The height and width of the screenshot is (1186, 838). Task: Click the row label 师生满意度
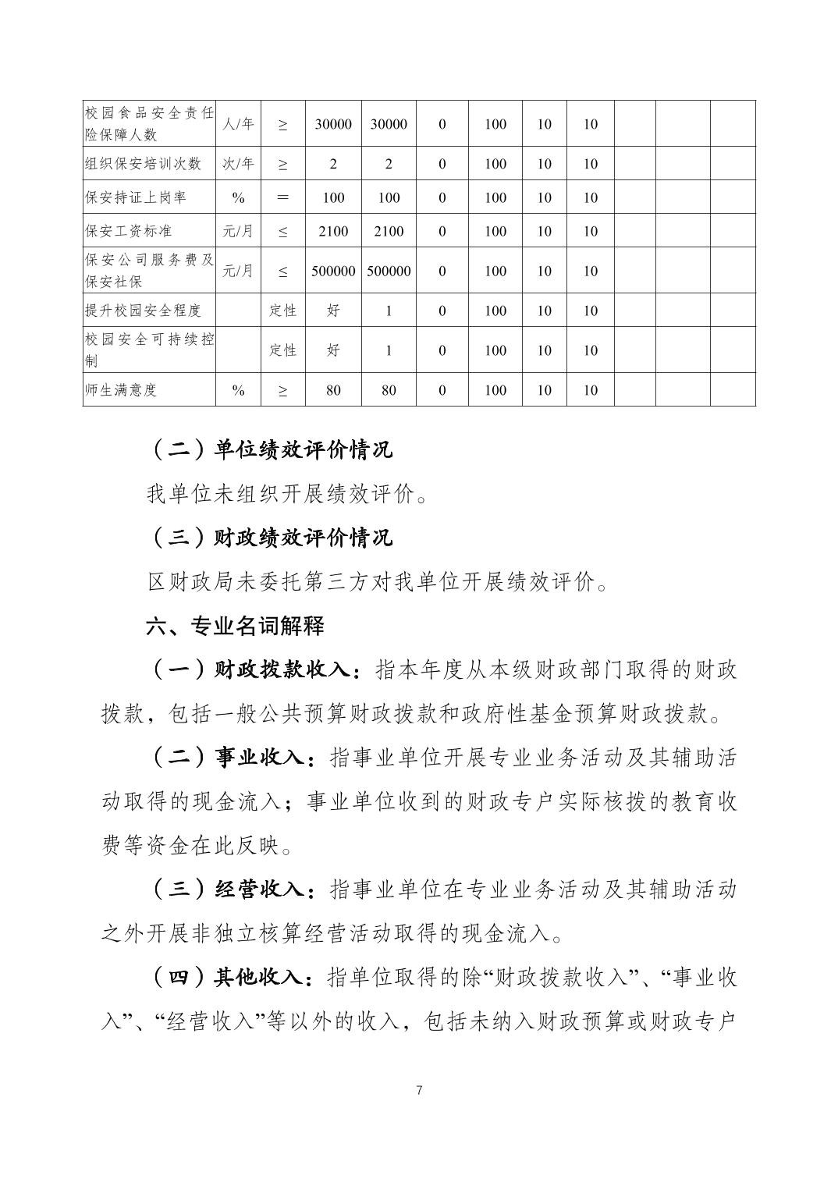pyautogui.click(x=121, y=390)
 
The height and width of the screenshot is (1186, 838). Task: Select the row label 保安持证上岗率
pyautogui.click(x=136, y=197)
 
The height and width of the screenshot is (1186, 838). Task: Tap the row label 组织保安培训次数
pyautogui.click(x=144, y=164)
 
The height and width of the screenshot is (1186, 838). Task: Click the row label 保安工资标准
pyautogui.click(x=129, y=231)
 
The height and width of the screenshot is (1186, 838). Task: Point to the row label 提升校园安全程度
pyautogui.click(x=144, y=311)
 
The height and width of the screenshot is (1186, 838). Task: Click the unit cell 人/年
pyautogui.click(x=238, y=124)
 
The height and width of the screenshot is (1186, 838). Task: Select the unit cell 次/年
pyautogui.click(x=238, y=164)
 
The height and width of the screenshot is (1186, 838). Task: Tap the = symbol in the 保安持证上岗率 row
pyautogui.click(x=282, y=197)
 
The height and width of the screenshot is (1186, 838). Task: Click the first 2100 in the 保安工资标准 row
pyautogui.click(x=333, y=231)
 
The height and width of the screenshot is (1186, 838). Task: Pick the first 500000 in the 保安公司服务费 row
pyautogui.click(x=333, y=271)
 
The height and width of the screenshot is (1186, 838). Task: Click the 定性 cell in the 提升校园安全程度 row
pyautogui.click(x=282, y=311)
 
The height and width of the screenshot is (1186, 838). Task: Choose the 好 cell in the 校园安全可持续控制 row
pyautogui.click(x=333, y=350)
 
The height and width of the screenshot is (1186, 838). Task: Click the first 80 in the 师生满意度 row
pyautogui.click(x=333, y=390)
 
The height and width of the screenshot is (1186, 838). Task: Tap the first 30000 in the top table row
pyautogui.click(x=333, y=124)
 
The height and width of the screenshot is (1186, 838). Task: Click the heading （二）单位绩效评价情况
pyautogui.click(x=270, y=450)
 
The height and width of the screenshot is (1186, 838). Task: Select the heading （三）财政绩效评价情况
pyautogui.click(x=270, y=538)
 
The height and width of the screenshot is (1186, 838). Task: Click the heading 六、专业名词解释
pyautogui.click(x=235, y=626)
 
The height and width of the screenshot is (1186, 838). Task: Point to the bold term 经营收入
pyautogui.click(x=258, y=889)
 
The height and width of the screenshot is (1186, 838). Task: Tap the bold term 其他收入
pyautogui.click(x=258, y=977)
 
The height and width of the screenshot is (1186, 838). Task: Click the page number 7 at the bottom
pyautogui.click(x=420, y=1090)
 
